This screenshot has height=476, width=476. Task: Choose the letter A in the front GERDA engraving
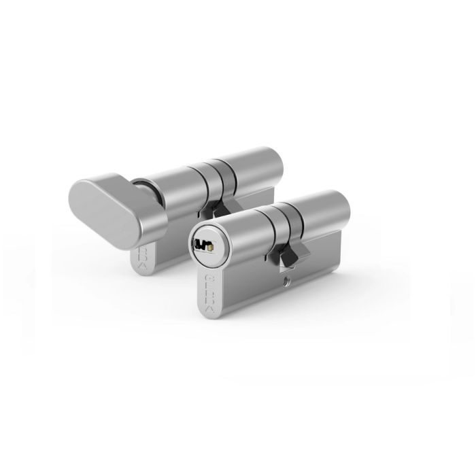point(211,308)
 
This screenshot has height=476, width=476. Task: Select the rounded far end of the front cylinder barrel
point(340,209)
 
